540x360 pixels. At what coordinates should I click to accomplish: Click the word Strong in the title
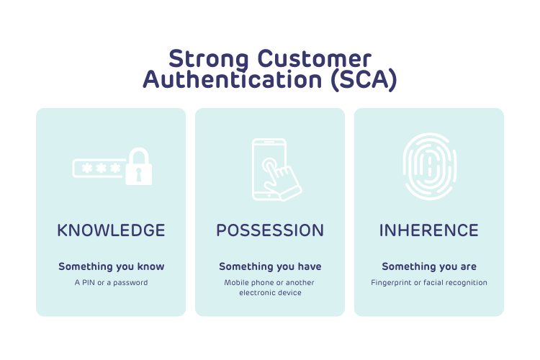point(203,58)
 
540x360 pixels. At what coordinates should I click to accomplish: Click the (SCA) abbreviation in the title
point(364,79)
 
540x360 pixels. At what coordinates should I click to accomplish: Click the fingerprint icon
point(429,166)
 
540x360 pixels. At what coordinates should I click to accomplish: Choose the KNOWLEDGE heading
point(111,230)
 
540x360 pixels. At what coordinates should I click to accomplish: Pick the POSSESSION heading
point(270,230)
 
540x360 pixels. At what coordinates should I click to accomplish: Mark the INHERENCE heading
point(429,230)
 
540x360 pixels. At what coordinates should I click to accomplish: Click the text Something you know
point(111,266)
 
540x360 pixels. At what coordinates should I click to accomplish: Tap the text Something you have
point(270,266)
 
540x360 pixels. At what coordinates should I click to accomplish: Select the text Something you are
point(429,266)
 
